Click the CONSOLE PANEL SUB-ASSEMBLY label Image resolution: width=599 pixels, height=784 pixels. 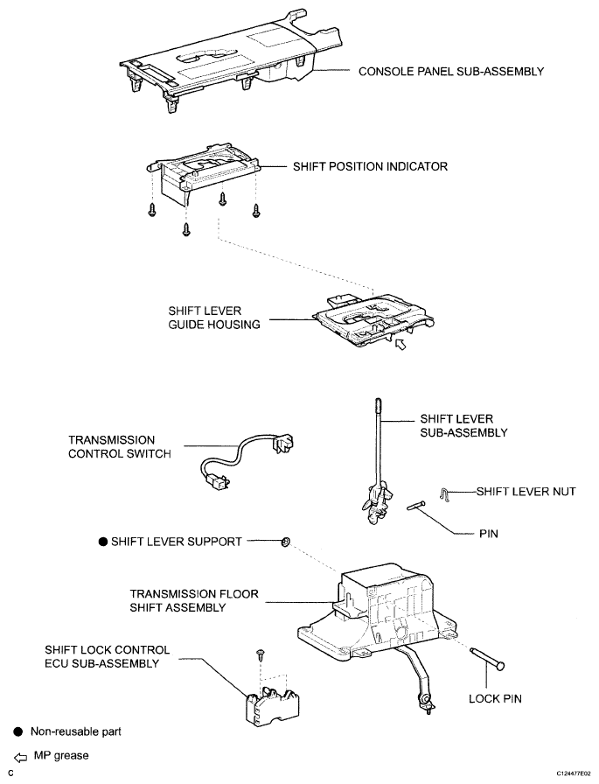[x=451, y=71]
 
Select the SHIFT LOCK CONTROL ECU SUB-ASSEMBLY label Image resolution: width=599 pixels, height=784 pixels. [x=108, y=656]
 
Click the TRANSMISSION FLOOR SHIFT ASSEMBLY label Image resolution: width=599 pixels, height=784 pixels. [x=193, y=600]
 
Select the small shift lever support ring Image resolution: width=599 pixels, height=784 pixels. [x=284, y=542]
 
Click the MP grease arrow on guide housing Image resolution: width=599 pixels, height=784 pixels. [x=400, y=346]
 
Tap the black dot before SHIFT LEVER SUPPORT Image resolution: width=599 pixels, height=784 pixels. [x=102, y=542]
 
